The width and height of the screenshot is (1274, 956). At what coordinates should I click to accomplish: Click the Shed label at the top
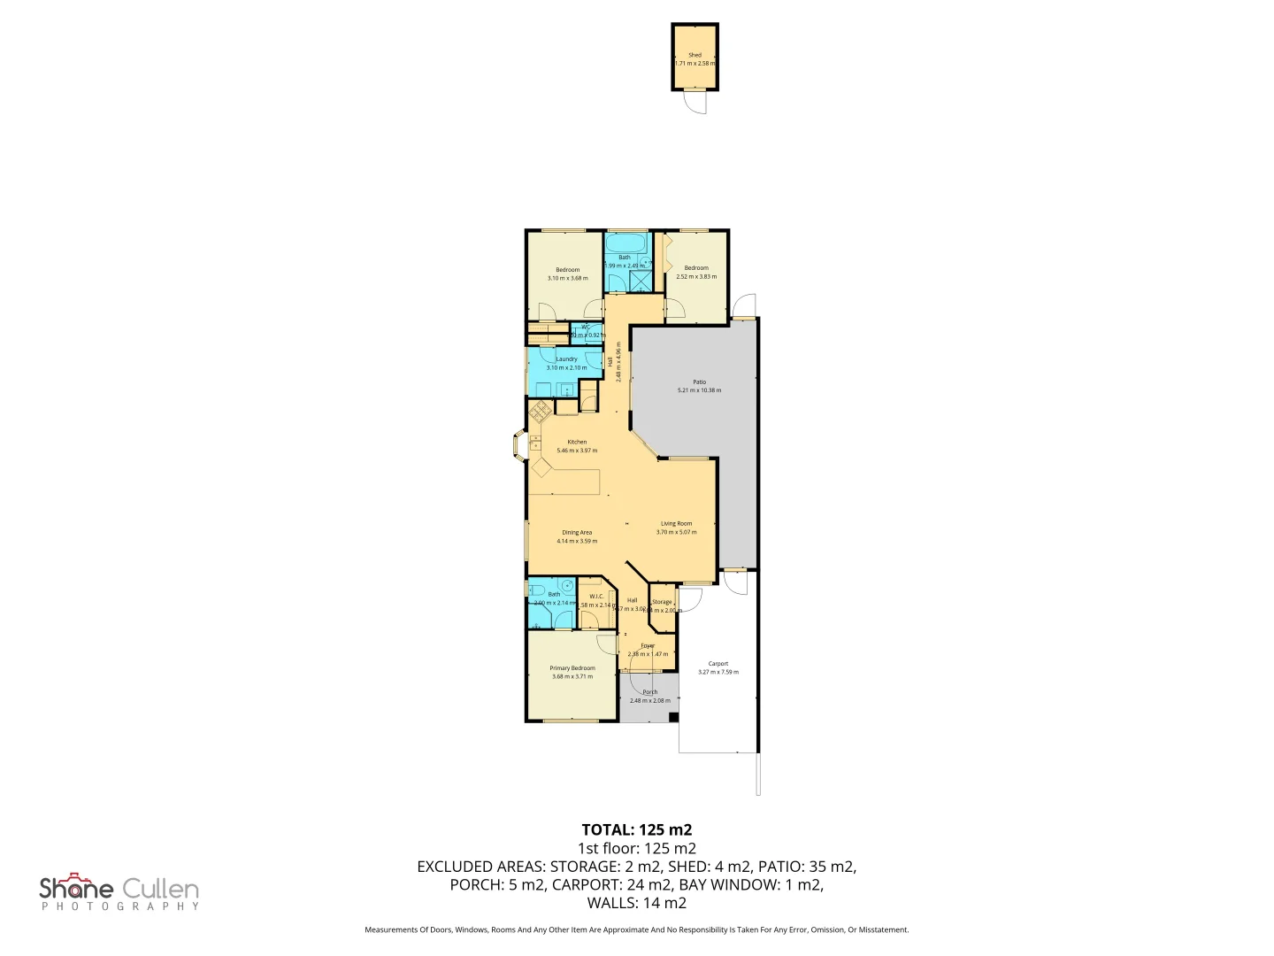coord(695,55)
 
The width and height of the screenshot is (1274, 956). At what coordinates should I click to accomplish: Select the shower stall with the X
coord(639,281)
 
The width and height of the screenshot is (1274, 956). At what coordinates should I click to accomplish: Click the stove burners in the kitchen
coord(540,410)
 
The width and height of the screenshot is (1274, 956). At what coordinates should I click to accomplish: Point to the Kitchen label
coord(577,442)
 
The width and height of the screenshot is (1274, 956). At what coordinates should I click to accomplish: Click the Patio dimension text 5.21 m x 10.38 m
coord(699,390)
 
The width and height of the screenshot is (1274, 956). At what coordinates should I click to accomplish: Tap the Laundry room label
coord(566,359)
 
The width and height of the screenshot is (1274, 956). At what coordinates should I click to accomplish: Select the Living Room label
coord(676,523)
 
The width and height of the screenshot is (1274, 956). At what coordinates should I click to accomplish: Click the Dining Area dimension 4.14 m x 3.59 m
coord(577,541)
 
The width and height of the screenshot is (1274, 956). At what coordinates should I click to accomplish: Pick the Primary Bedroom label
coord(572,668)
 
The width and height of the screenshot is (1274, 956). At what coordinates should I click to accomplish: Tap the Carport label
coord(718,663)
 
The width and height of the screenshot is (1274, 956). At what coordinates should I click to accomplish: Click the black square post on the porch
coord(672,717)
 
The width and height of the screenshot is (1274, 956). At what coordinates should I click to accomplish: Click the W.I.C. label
coord(596,596)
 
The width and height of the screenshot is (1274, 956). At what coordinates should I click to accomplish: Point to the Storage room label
coord(662,602)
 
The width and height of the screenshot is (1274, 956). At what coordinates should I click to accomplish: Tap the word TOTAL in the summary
coord(607,829)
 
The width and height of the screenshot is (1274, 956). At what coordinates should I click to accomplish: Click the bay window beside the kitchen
coord(518,447)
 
